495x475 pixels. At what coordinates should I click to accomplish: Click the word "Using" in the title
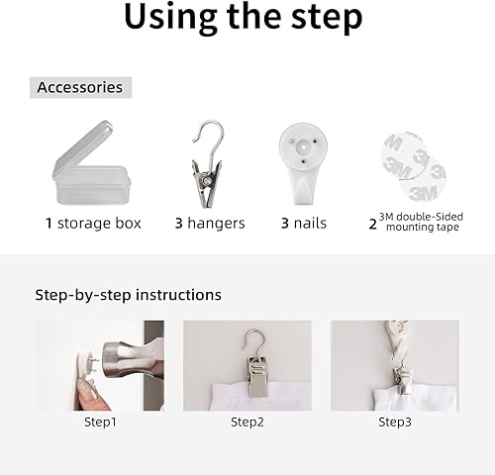click(170, 17)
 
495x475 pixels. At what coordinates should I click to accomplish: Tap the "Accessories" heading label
click(80, 87)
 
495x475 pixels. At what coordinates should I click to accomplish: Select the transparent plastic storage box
click(90, 163)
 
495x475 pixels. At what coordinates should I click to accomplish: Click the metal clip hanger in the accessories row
click(207, 165)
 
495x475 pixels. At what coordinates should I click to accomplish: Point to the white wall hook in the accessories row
click(303, 163)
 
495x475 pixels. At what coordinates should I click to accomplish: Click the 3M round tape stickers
click(413, 167)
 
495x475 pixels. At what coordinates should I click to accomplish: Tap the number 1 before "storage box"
click(49, 224)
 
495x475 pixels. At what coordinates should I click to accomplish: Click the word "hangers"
click(216, 224)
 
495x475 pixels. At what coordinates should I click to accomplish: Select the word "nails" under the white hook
click(310, 224)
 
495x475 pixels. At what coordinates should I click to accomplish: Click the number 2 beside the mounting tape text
click(373, 225)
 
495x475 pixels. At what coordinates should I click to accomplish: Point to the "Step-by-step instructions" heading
click(128, 295)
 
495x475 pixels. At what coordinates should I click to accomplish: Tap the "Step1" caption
click(100, 423)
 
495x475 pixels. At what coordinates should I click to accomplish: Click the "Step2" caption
click(247, 423)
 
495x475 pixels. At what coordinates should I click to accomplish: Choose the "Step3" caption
click(395, 423)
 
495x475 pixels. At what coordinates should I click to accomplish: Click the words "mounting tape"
click(423, 227)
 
